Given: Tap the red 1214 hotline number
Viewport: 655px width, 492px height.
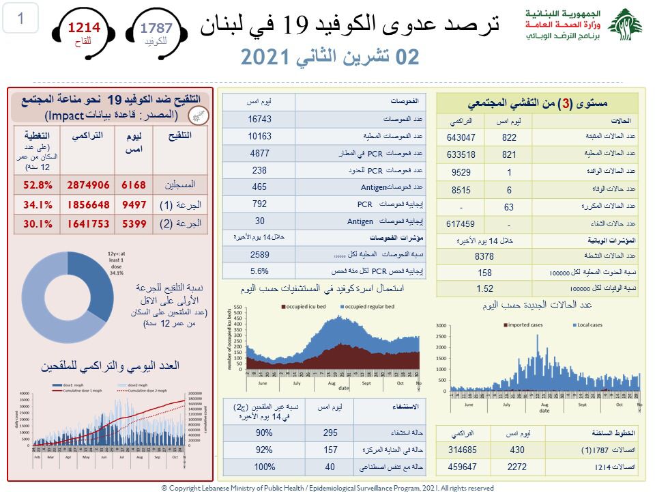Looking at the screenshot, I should tap(83, 28).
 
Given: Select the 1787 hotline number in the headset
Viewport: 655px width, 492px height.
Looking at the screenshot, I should tap(156, 28).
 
